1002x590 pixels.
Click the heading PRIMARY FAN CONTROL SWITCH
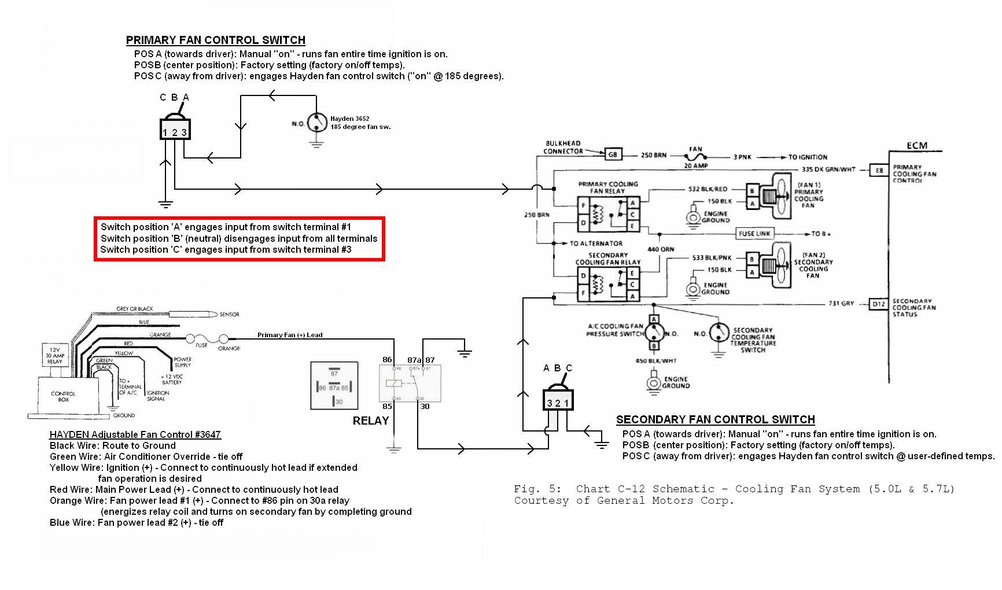(x=215, y=40)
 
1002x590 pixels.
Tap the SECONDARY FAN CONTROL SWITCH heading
(x=715, y=420)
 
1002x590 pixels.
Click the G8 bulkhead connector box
(x=613, y=154)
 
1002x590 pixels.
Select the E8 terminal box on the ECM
(x=879, y=170)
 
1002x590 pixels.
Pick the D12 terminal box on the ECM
(x=879, y=304)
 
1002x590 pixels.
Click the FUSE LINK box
(x=754, y=234)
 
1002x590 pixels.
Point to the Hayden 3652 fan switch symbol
(x=316, y=123)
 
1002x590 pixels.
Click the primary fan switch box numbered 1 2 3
(x=174, y=129)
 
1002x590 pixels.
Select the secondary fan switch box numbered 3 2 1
(x=558, y=400)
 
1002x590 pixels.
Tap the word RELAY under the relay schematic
(x=370, y=421)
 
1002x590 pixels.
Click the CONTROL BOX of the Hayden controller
(x=63, y=396)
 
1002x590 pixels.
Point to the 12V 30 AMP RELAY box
(x=54, y=355)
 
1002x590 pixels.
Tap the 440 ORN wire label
(x=661, y=249)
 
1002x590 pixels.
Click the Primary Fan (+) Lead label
(x=290, y=335)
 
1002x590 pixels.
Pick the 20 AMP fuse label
(x=696, y=165)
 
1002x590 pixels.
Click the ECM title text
(x=916, y=145)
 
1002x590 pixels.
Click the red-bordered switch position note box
(x=239, y=238)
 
